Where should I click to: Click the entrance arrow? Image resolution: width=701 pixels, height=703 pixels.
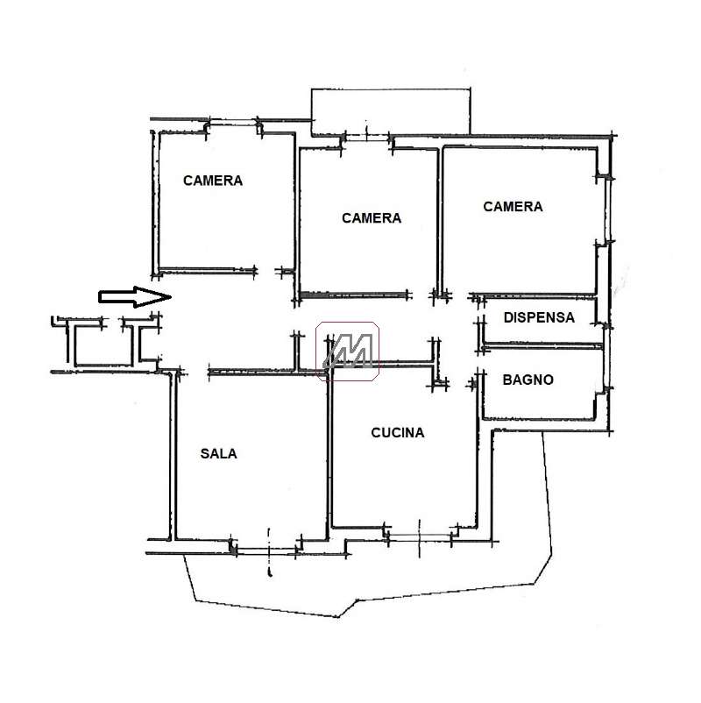(x=134, y=297)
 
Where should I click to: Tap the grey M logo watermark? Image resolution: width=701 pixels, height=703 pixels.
(x=348, y=351)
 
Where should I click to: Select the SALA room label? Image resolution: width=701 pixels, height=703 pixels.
(x=218, y=454)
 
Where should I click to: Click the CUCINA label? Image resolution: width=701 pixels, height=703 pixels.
(x=398, y=433)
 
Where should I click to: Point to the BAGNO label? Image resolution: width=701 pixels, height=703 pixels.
(x=528, y=380)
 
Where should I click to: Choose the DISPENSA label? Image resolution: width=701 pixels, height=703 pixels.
(x=539, y=317)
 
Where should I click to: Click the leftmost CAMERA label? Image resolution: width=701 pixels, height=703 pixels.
(x=213, y=181)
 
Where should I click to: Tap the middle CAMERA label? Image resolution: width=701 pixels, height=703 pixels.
(x=372, y=218)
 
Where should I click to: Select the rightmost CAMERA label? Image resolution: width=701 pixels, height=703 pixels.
(x=513, y=207)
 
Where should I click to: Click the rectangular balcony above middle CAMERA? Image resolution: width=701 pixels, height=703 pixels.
(x=391, y=112)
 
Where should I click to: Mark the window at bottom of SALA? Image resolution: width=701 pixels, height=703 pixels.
(x=266, y=551)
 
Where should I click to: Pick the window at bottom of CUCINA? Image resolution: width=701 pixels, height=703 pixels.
(x=419, y=537)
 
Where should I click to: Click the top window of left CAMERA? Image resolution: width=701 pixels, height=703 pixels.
(x=231, y=123)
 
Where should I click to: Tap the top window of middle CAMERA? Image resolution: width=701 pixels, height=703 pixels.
(x=366, y=138)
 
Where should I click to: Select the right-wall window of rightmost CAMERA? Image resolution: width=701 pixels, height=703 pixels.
(x=608, y=210)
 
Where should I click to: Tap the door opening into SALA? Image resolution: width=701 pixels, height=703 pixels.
(x=194, y=373)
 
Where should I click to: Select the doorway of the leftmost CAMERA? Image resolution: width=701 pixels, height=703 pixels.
(x=266, y=271)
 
